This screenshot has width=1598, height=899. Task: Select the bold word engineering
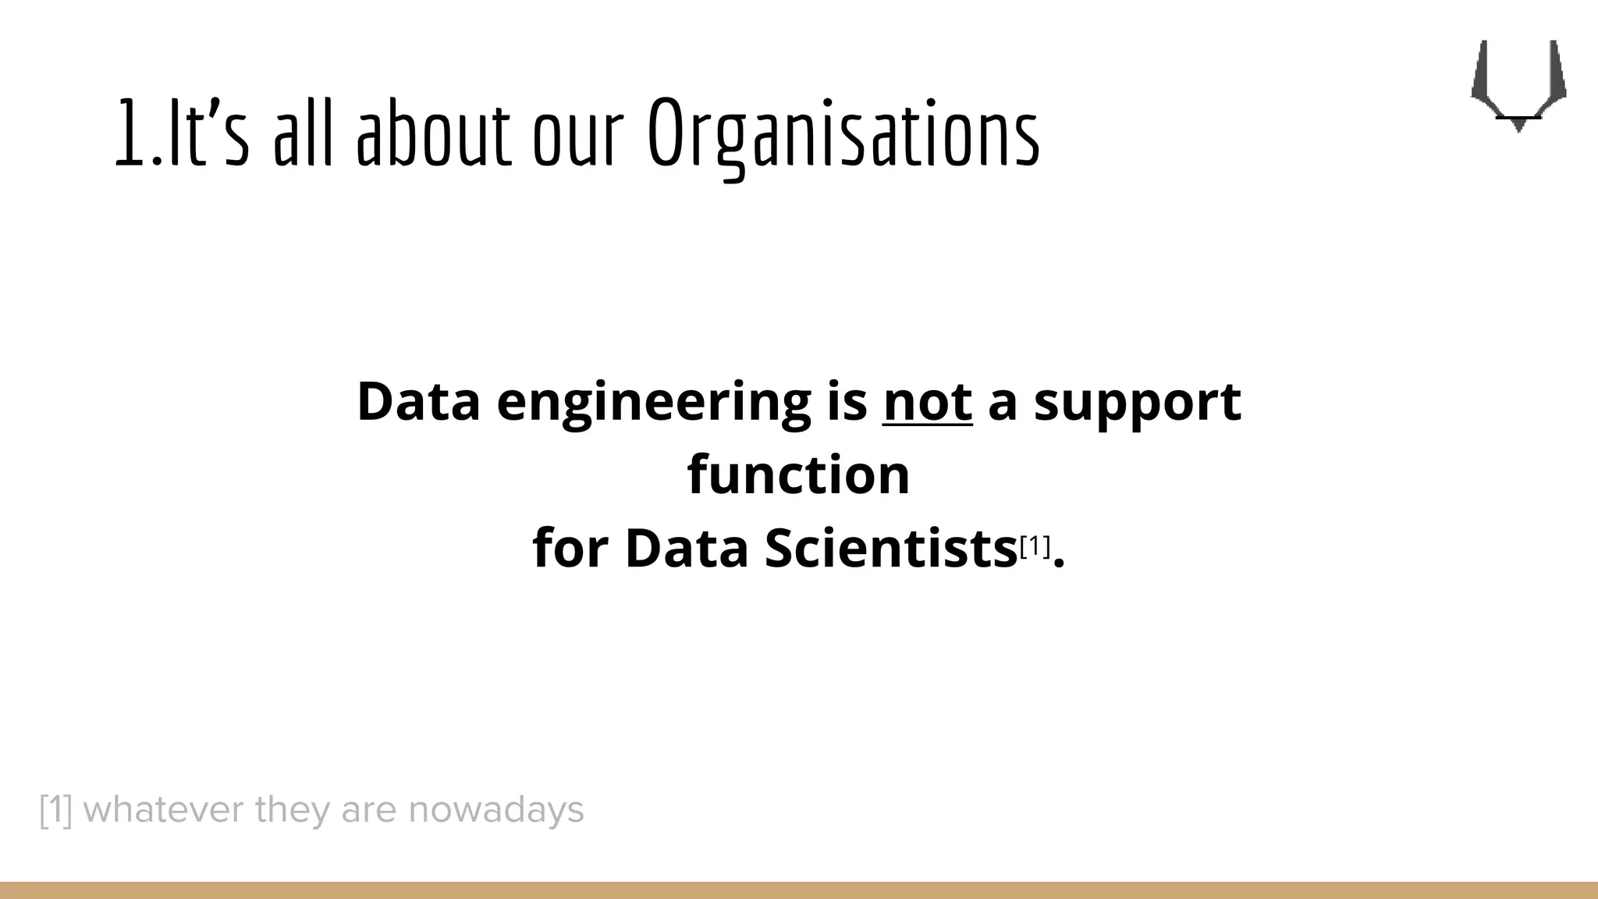coord(654,403)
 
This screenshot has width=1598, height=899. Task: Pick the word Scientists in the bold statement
coord(890,548)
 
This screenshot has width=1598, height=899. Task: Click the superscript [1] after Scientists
coord(1035,546)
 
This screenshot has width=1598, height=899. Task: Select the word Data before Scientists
coord(687,548)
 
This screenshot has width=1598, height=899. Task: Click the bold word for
coord(570,548)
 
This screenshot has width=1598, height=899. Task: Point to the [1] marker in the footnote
coord(55,810)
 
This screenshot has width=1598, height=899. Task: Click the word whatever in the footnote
coord(163,810)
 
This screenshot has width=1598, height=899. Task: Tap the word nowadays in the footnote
coord(496,810)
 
